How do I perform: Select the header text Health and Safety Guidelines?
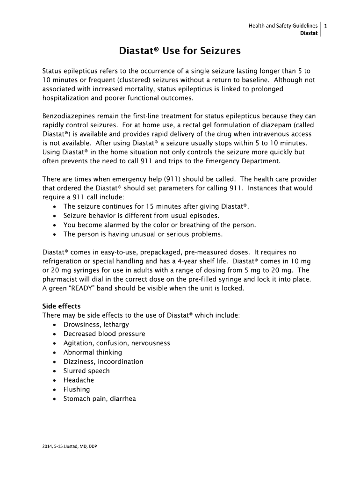pos(283,26)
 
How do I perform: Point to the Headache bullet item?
pos(79,380)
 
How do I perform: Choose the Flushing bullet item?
pos(77,390)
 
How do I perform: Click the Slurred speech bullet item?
pos(86,371)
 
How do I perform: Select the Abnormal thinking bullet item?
pos(93,352)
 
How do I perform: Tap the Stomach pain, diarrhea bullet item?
pos(100,399)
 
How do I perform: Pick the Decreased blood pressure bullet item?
pos(104,334)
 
